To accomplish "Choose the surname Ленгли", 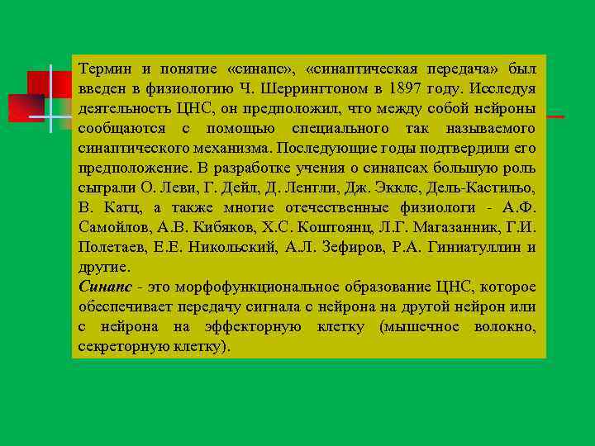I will (x=288, y=187).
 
